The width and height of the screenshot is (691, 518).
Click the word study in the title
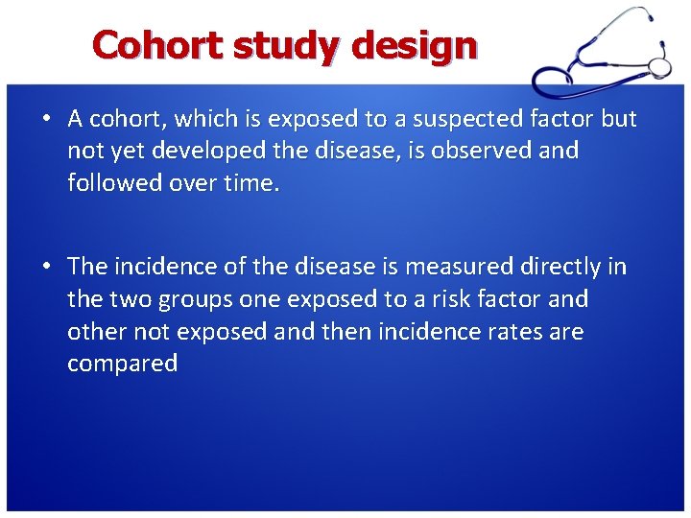click(x=289, y=45)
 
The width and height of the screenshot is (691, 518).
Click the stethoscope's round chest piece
click(x=659, y=66)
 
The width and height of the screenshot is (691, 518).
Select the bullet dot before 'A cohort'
click(x=46, y=119)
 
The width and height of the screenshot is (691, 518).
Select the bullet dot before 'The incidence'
click(x=46, y=267)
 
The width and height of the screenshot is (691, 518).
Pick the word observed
click(x=488, y=152)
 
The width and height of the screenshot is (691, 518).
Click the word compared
click(x=123, y=365)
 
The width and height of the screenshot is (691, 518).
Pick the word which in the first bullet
click(x=210, y=119)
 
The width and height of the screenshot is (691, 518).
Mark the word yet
click(x=128, y=152)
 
